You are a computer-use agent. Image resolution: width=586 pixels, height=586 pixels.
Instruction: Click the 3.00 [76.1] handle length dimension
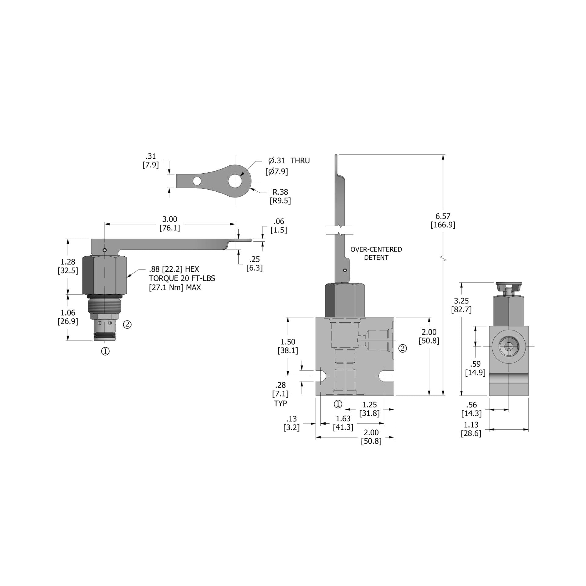[x=170, y=224]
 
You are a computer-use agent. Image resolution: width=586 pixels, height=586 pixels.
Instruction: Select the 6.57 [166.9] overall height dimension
[x=443, y=220]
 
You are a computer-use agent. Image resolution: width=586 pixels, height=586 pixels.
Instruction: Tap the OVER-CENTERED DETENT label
[x=376, y=253]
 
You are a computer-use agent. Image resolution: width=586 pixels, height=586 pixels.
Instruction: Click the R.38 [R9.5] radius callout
[x=280, y=196]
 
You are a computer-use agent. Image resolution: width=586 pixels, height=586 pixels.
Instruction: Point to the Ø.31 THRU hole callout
[x=288, y=161]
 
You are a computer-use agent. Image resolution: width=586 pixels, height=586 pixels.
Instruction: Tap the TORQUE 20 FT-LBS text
[x=182, y=278]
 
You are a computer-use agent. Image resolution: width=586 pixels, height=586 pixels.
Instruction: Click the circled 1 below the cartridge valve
[x=105, y=351]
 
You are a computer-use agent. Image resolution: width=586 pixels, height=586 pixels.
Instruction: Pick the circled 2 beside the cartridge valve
[x=127, y=324]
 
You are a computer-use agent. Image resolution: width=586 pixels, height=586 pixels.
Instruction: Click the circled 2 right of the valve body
[x=403, y=348]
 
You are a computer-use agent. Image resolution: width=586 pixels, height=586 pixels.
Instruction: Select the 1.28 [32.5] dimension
[x=68, y=266]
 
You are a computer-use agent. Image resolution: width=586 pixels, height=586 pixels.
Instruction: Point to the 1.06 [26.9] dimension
[x=68, y=317]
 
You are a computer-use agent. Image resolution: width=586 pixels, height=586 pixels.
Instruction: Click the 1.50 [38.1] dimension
[x=288, y=346]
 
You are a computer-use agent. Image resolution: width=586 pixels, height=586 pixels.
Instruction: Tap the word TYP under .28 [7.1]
[x=280, y=403]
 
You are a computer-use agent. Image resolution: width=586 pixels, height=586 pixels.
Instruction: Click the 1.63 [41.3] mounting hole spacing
[x=343, y=423]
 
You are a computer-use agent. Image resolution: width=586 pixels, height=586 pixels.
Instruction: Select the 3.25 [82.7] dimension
[x=461, y=305]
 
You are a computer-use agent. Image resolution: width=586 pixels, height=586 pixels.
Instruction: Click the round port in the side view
[x=508, y=346]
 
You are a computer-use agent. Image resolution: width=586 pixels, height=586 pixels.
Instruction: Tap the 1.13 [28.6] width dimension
[x=471, y=429]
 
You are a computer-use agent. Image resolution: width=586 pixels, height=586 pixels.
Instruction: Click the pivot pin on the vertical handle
[x=345, y=270]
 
